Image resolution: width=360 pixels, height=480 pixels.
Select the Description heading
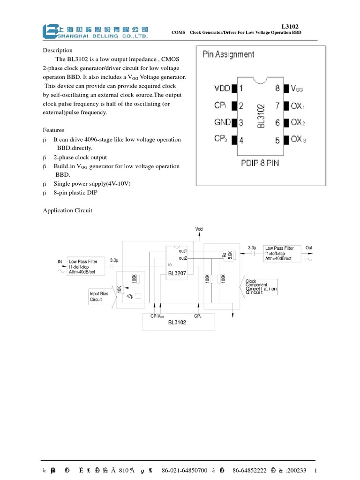click(x=58, y=50)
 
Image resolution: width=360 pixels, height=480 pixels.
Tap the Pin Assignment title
click(x=228, y=54)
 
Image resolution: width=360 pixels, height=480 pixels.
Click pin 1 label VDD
click(x=223, y=88)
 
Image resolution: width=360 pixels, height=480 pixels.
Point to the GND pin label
click(x=223, y=122)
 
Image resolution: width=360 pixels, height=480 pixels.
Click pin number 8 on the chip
click(x=277, y=88)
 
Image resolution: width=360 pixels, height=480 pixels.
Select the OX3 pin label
click(x=298, y=139)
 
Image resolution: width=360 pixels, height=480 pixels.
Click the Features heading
click(x=54, y=130)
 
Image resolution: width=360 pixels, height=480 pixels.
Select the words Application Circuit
click(x=67, y=210)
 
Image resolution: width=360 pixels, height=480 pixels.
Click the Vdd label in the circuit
click(x=199, y=229)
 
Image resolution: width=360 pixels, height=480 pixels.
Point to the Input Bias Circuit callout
click(x=99, y=296)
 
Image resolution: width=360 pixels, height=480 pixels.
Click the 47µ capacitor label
click(x=130, y=296)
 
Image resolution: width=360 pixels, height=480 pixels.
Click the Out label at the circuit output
click(x=308, y=247)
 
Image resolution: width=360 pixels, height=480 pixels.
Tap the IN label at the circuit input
click(x=60, y=261)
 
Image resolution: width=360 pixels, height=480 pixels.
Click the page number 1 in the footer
click(x=317, y=470)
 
